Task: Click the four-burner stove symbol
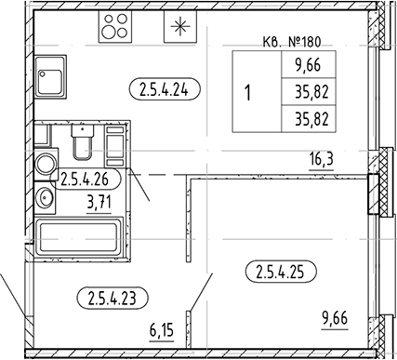point(116,26)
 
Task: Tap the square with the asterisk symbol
point(177,26)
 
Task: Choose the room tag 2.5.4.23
point(110,298)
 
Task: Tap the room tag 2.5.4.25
point(280,273)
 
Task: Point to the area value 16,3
point(322,159)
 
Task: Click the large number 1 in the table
point(248,93)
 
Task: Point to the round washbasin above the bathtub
point(45,197)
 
